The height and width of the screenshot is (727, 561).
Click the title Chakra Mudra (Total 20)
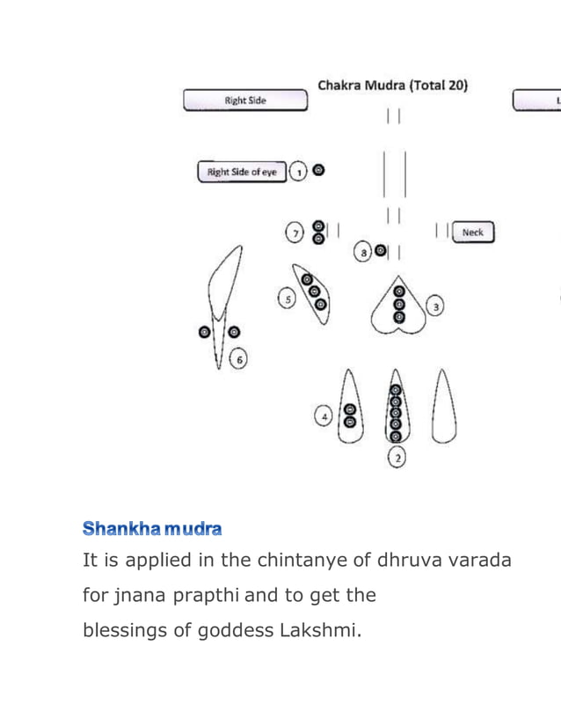pos(392,85)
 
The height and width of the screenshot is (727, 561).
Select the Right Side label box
pos(245,100)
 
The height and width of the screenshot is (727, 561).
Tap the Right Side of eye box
pos(242,172)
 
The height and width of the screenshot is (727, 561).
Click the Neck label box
pos(473,232)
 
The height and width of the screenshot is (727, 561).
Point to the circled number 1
pos(299,172)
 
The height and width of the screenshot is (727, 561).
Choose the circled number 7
pos(295,232)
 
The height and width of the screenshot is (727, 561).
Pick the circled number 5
pos(287,299)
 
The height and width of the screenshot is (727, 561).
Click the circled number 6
pos(238,358)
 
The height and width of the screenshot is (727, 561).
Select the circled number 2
pos(397,458)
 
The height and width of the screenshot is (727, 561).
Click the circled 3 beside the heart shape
pos(435,306)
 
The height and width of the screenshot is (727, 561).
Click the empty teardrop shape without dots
pos(444,408)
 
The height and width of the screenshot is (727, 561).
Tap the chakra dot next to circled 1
pos(318,171)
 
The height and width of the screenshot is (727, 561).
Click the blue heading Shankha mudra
pos(152,529)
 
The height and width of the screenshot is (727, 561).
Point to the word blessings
pos(124,630)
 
